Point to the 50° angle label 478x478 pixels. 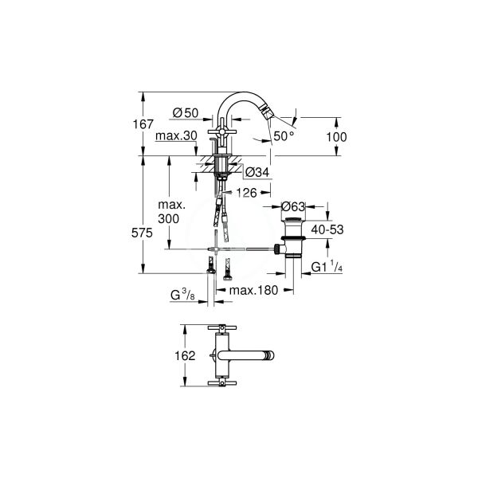(284, 137)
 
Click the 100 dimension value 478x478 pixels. (338, 136)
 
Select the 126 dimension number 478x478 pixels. (245, 192)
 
